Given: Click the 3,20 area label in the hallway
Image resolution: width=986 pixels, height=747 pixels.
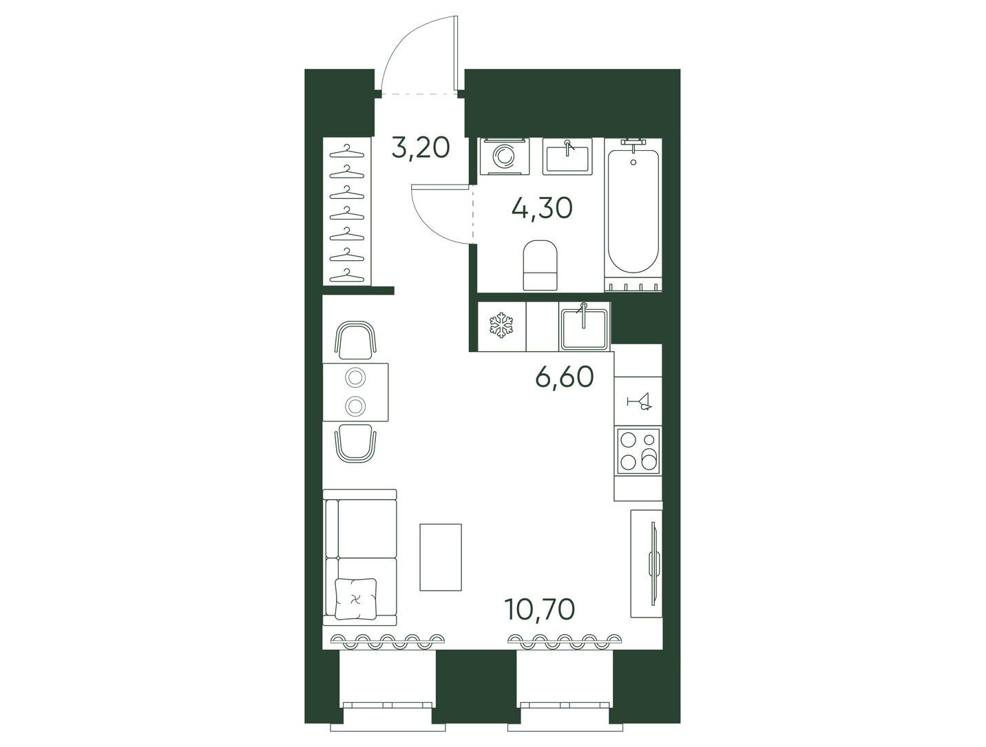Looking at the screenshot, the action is pos(421,148).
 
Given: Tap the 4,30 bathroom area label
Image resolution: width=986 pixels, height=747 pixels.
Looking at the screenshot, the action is pos(542,208).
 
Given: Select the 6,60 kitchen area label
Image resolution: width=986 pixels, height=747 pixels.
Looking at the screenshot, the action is pos(565,377).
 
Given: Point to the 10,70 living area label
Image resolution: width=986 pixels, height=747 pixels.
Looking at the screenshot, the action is pos(539,609).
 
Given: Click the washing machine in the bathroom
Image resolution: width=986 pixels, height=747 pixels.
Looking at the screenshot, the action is pos(505,156).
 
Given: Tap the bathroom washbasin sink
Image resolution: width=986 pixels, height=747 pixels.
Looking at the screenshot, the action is pos(567,156).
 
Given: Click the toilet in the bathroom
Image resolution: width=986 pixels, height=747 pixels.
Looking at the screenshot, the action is pos(540,266).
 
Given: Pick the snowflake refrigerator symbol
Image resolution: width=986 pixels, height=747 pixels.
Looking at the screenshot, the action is pos(501,326).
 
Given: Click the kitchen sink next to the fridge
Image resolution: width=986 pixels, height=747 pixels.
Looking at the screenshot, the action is pos(584,326).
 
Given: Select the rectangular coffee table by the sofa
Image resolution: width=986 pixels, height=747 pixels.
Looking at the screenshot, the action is pos(441,557).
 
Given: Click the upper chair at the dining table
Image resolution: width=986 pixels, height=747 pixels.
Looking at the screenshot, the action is pos(356,340).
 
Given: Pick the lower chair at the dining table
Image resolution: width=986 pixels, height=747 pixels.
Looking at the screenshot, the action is pos(356,443).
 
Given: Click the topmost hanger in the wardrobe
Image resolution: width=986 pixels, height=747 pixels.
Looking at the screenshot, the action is pos(346,151).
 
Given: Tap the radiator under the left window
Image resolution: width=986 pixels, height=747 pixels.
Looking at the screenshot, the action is pos(386,641).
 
